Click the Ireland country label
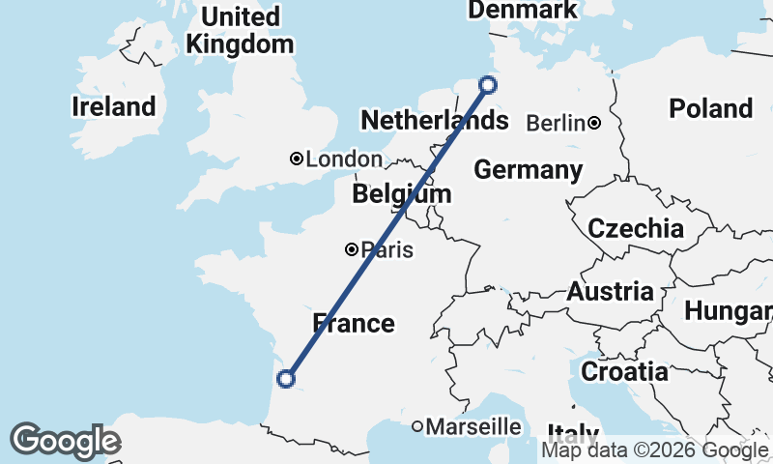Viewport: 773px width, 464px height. (x=113, y=107)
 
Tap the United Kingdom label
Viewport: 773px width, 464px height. (x=240, y=31)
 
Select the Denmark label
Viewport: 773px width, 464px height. (x=522, y=10)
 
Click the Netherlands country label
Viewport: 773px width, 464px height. (x=434, y=121)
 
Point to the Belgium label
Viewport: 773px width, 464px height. (x=401, y=194)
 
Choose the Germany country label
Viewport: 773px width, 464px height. (x=528, y=171)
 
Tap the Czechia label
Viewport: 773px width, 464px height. (x=636, y=229)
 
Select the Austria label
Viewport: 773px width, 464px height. (x=610, y=291)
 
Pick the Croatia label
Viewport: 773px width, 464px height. (x=624, y=371)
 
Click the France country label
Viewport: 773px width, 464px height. (x=354, y=323)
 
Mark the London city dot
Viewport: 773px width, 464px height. (x=298, y=159)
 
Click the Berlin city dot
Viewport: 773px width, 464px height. (x=594, y=123)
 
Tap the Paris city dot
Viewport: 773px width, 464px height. (x=353, y=249)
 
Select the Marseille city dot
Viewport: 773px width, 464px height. (x=417, y=426)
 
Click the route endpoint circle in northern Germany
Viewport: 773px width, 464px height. (x=488, y=85)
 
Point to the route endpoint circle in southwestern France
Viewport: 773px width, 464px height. (x=285, y=379)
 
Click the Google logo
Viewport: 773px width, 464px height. (x=65, y=441)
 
